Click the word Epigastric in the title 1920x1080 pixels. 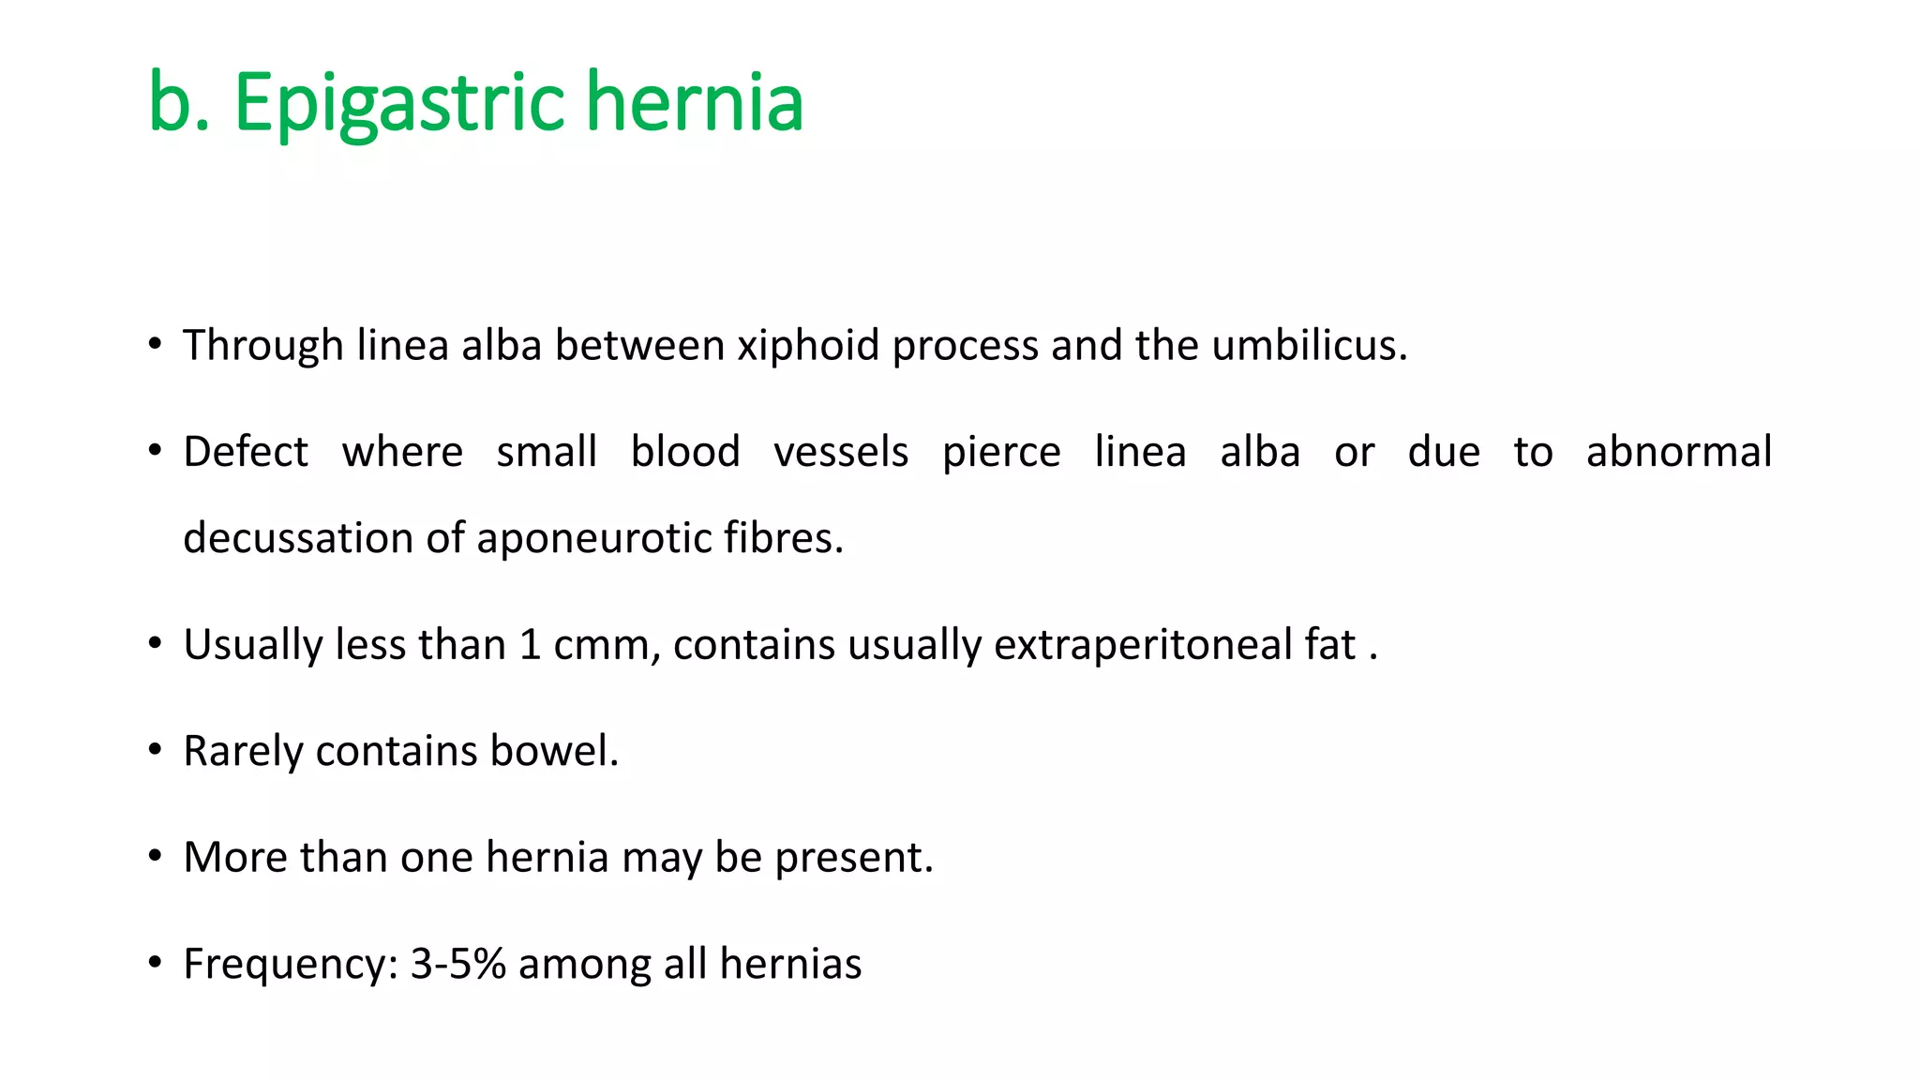[x=398, y=103]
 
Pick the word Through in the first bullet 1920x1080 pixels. [x=263, y=346]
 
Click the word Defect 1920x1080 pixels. [x=246, y=452]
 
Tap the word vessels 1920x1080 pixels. [x=841, y=452]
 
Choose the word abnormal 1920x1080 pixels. [x=1678, y=452]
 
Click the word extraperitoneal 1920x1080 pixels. [x=1143, y=646]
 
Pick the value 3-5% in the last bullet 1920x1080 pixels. [x=458, y=964]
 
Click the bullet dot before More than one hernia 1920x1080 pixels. [x=156, y=856]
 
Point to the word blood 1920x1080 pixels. [x=685, y=452]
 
